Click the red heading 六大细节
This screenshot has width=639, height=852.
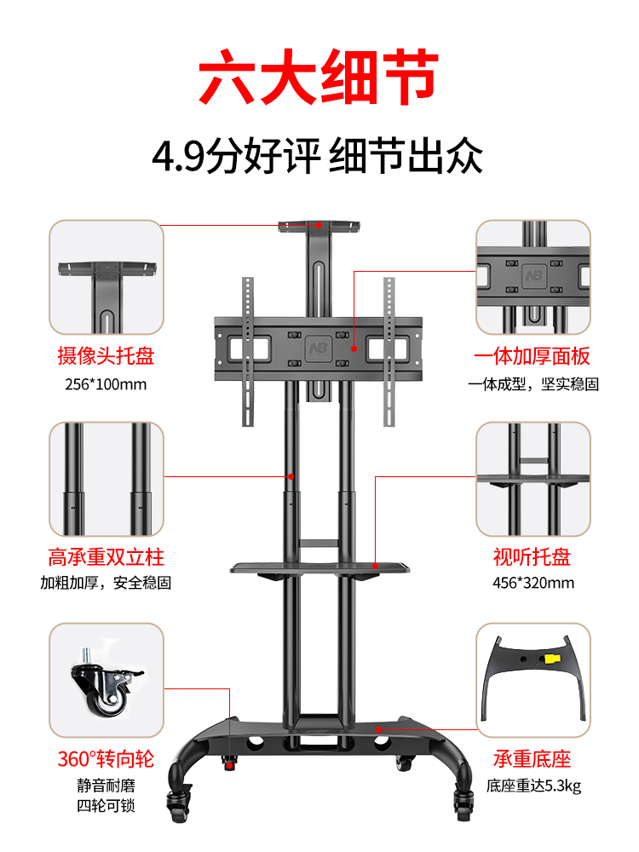coord(319,78)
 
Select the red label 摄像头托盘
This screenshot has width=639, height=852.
coord(106,355)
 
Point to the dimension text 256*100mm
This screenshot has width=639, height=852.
coord(106,383)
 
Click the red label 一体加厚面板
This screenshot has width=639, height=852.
coord(532,355)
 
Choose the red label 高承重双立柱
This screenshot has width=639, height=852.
coord(106,557)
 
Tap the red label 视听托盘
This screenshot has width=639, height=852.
coord(532,557)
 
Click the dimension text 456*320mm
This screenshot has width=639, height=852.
coord(532,583)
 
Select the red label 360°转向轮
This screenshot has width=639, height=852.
coord(106,759)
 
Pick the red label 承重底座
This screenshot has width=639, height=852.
coord(532,759)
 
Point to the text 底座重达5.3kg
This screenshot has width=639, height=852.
coord(533,786)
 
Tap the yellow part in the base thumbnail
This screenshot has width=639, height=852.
coord(552,659)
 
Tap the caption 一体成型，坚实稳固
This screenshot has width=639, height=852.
coord(533,383)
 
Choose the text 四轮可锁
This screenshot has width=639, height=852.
coord(106,805)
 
